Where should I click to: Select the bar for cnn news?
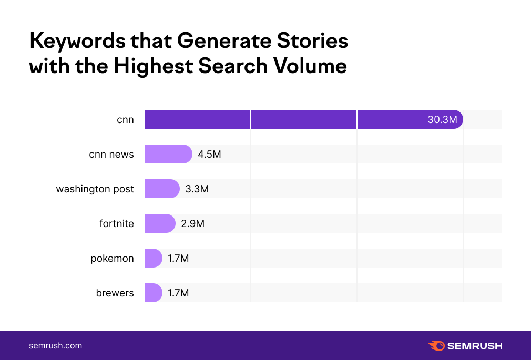pyautogui.click(x=168, y=154)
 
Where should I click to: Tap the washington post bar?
pyautogui.click(x=161, y=189)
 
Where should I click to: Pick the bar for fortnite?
pyautogui.click(x=159, y=223)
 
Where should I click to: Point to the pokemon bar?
pyautogui.click(x=153, y=258)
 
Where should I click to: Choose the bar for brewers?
pyautogui.click(x=153, y=293)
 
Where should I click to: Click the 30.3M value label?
pyautogui.click(x=442, y=120)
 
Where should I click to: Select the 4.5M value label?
pyautogui.click(x=209, y=155)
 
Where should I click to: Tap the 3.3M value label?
pyautogui.click(x=197, y=189)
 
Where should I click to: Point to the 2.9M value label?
pyautogui.click(x=192, y=224)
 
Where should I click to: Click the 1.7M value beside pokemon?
pyautogui.click(x=178, y=259)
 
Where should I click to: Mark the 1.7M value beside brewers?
pyautogui.click(x=178, y=293)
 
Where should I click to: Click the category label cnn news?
pyautogui.click(x=111, y=155)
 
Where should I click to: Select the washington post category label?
pyautogui.click(x=95, y=189)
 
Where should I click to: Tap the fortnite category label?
pyautogui.click(x=117, y=224)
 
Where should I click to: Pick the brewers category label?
pyautogui.click(x=115, y=293)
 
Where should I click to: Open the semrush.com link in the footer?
pyautogui.click(x=55, y=346)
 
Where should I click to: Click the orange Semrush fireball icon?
pyautogui.click(x=436, y=346)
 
